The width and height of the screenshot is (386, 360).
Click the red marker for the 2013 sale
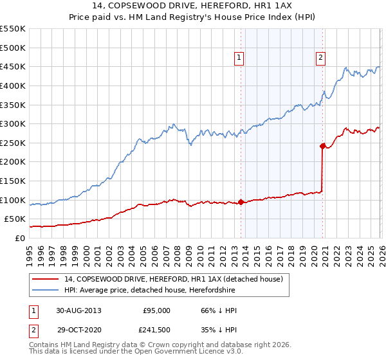tap(241, 202)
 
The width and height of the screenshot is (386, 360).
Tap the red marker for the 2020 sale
tap(322, 146)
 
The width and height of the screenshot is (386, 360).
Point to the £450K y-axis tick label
tap(13, 66)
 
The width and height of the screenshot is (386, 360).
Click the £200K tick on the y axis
tap(13, 162)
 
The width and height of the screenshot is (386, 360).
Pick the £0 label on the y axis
tap(19, 238)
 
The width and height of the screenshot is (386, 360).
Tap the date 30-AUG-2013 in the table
tap(78, 310)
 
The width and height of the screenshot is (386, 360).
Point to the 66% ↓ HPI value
tap(215, 310)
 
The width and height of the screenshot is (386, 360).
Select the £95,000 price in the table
tap(156, 310)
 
